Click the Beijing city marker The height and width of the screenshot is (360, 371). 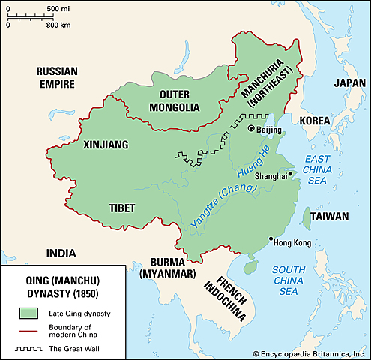coord(251,129)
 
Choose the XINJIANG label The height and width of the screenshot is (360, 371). coord(106,144)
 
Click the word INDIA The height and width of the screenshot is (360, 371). coord(61,252)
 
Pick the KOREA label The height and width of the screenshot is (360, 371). coord(315,120)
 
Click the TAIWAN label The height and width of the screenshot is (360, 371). coord(331,217)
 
